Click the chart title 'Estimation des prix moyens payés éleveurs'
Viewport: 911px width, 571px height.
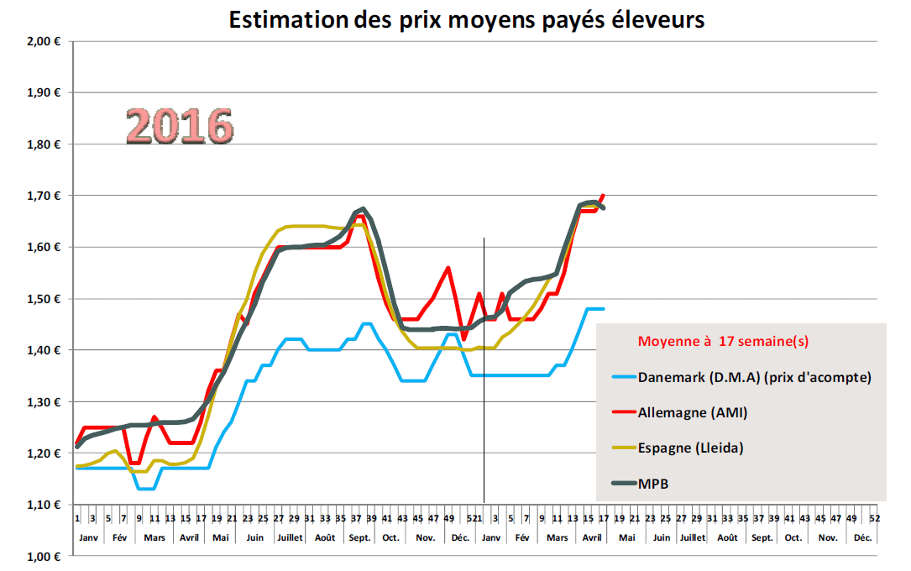click(467, 19)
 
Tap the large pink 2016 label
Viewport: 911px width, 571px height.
click(179, 126)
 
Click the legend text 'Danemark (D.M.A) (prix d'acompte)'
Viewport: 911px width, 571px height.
click(754, 377)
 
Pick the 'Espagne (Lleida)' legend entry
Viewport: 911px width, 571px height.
click(690, 448)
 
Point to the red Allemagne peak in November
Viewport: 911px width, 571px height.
click(448, 268)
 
